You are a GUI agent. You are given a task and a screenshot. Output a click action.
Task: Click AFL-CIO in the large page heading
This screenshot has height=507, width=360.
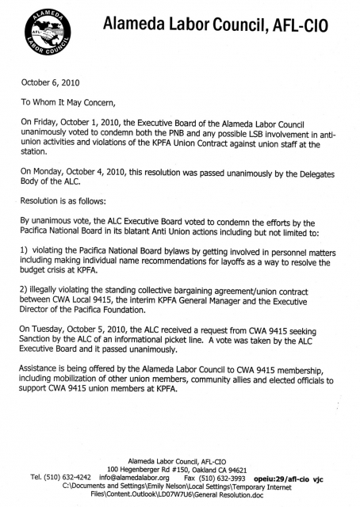(x=316, y=27)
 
